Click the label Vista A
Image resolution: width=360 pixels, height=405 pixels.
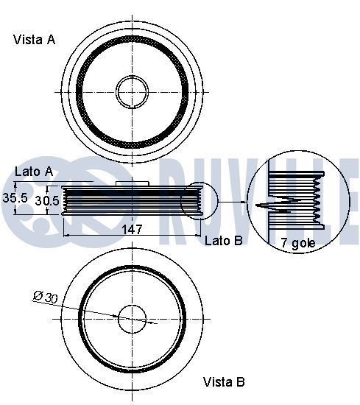[x=34, y=40]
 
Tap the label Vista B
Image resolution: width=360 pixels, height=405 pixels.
[x=224, y=381]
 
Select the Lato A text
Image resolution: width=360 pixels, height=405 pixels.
[x=34, y=171]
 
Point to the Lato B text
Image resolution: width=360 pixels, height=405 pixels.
[x=223, y=240]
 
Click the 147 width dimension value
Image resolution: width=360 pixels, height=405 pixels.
[x=132, y=230]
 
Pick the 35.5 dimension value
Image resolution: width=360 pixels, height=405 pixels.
[x=14, y=199]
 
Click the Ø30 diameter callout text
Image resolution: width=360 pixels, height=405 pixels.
[x=46, y=297]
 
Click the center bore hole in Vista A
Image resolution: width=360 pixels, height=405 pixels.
[x=132, y=90]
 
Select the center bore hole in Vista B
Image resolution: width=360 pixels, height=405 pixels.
[x=132, y=320]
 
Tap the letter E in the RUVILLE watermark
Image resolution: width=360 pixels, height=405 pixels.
[x=346, y=199]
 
